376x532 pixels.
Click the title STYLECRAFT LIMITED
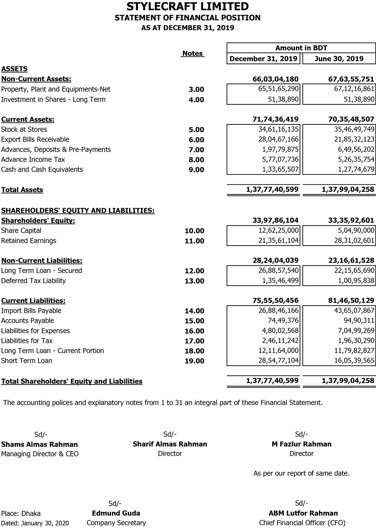[187, 6]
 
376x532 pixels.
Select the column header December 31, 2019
[263, 59]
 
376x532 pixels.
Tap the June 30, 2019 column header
[339, 59]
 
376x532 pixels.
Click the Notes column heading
[193, 53]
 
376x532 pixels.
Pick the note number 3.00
[196, 89]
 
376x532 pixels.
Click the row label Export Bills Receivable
[35, 139]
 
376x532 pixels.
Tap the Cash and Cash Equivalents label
[42, 170]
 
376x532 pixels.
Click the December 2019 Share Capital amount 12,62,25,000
[278, 230]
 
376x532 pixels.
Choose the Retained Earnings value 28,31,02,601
[354, 241]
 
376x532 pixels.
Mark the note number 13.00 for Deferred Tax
[194, 281]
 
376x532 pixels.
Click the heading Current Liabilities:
[33, 301]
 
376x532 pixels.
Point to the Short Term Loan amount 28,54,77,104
[278, 361]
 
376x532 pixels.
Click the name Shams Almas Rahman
[39, 444]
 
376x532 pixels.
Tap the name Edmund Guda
[116, 513]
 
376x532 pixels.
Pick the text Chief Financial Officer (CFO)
[302, 523]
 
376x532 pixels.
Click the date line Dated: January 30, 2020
[35, 523]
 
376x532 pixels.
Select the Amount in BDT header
[301, 48]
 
